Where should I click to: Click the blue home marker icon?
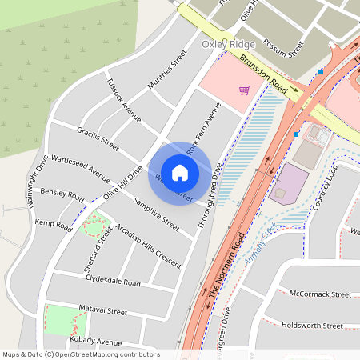(x=180, y=172)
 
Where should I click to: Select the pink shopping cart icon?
(x=244, y=90)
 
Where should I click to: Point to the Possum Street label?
(x=285, y=47)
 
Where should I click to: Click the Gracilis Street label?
(x=98, y=138)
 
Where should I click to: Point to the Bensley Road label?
(x=62, y=194)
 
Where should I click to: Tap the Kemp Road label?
(x=54, y=223)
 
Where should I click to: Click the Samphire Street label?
(x=156, y=214)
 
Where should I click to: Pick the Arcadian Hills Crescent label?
(x=148, y=246)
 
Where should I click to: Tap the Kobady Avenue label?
(x=95, y=342)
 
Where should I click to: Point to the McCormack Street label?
(x=321, y=294)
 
